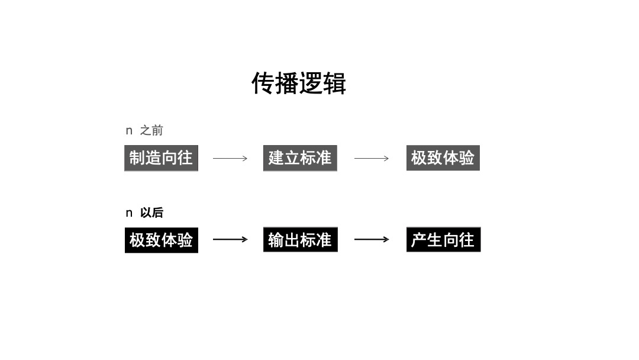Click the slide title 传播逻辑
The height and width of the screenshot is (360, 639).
[299, 83]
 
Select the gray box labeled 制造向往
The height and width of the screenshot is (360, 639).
[161, 158]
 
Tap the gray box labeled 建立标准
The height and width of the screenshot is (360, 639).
[300, 158]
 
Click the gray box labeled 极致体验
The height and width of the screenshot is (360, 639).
[443, 158]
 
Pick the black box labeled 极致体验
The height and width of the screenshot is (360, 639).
[161, 240]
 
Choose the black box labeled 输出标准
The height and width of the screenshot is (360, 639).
[300, 240]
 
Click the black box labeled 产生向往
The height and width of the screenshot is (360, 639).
[443, 240]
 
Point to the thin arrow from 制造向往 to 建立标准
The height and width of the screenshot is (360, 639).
[230, 158]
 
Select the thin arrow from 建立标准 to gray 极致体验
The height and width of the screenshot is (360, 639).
[372, 158]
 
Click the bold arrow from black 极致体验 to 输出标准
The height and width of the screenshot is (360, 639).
[230, 239]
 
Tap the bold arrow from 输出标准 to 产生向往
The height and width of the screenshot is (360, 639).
[372, 239]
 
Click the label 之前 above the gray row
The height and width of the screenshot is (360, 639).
[151, 131]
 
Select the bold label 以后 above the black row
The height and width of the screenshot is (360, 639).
[151, 213]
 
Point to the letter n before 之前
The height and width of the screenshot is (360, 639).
[129, 131]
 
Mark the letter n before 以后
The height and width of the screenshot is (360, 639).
[129, 213]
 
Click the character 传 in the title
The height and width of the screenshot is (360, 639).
[263, 83]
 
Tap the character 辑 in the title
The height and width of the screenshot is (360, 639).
[334, 83]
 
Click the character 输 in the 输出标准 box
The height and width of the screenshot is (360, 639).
[276, 240]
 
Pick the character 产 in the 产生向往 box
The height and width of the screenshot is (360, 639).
[419, 240]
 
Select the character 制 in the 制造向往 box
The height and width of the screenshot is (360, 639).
[137, 158]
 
